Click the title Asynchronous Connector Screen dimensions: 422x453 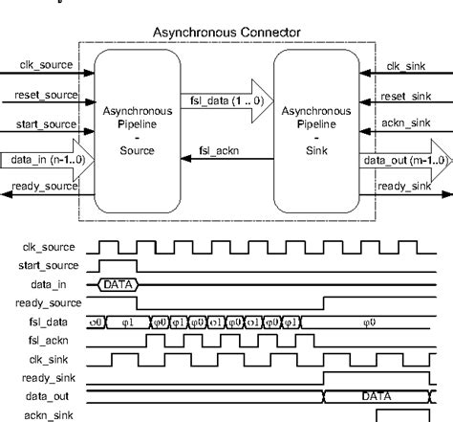click(x=226, y=33)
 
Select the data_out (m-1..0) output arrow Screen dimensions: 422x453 click(x=402, y=159)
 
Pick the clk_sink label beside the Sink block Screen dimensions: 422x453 click(x=406, y=66)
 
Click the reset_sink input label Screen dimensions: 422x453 click(x=409, y=96)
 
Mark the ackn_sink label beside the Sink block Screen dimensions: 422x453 click(x=409, y=124)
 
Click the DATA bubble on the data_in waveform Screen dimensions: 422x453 click(x=119, y=284)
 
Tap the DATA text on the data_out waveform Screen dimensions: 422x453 click(x=377, y=395)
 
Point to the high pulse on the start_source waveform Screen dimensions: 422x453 click(x=119, y=263)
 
